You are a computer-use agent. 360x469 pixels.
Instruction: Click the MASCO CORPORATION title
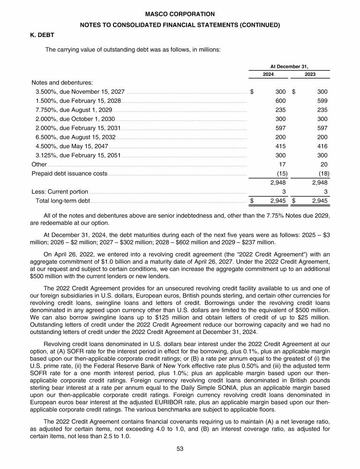180,14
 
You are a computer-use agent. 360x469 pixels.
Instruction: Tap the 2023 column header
310,74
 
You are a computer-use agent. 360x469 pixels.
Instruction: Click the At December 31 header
289,66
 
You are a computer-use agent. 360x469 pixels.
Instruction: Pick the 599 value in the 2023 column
322,101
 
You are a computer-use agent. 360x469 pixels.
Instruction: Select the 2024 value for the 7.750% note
281,109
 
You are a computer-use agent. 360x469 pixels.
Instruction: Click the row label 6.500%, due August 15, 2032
75,137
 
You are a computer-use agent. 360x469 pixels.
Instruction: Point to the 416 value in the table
322,146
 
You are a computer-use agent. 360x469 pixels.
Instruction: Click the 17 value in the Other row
283,164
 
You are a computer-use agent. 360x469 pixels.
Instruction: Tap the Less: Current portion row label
60,191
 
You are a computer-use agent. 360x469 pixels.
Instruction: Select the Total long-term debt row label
63,201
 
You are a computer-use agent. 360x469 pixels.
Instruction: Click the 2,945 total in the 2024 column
278,201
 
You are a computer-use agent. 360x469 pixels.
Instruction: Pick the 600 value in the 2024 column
281,101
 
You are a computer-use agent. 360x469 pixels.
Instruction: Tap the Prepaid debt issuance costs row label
69,174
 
